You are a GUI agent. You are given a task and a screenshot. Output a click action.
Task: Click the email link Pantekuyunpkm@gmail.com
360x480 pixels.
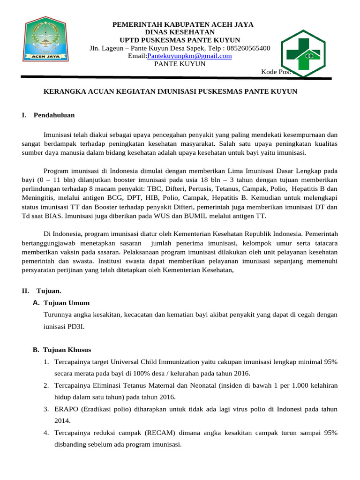[189, 56]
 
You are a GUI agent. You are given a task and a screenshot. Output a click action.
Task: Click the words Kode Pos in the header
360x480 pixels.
[276, 72]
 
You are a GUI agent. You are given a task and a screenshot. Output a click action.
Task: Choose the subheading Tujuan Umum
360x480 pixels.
[66, 303]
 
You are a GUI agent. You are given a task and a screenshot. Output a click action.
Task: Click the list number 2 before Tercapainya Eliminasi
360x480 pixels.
[46, 385]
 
